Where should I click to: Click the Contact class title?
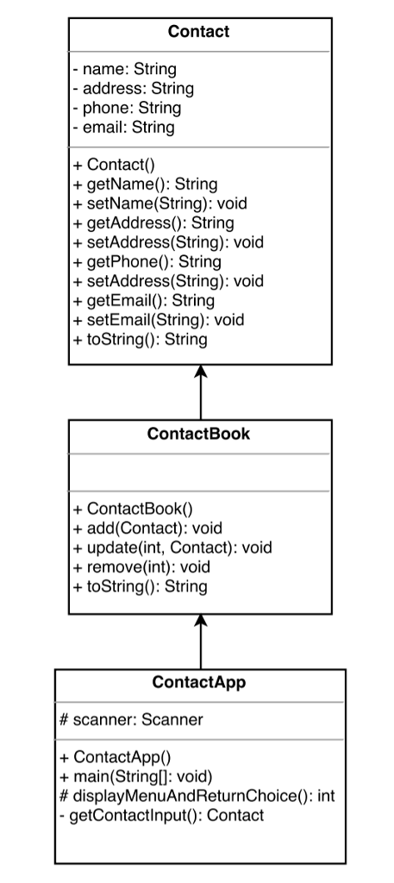(x=198, y=32)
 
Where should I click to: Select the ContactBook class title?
(x=198, y=434)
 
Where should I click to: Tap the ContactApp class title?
(x=198, y=682)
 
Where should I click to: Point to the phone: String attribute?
(x=127, y=108)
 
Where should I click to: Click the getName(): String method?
(x=145, y=184)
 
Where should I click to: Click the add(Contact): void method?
(x=147, y=528)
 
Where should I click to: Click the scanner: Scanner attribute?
(x=130, y=720)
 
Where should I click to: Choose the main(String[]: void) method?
(x=137, y=777)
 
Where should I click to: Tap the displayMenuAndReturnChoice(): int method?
(x=197, y=796)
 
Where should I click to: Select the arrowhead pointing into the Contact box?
(x=201, y=372)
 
